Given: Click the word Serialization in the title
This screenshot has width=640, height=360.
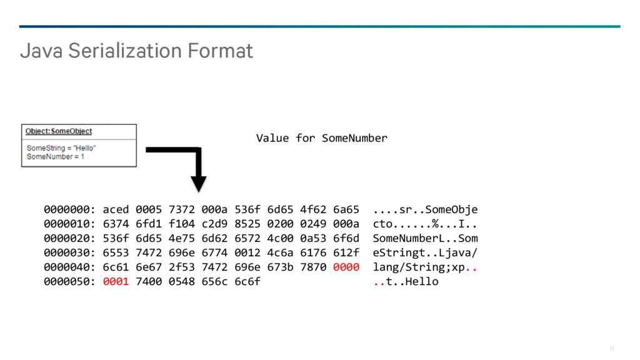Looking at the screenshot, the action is pos(125,51).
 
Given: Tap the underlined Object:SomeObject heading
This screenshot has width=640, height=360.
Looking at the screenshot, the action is pos(59,131).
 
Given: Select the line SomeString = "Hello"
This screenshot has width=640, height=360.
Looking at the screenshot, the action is pos(61,147).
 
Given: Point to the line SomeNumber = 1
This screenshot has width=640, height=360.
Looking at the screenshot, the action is pos(56,157).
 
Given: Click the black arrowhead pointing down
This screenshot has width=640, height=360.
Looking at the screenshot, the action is pos(198,184).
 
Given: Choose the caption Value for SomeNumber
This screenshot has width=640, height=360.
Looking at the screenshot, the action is pos(322,138).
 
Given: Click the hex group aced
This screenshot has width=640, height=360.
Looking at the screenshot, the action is pos(116,210).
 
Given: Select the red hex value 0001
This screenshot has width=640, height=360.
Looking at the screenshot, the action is pos(116,282).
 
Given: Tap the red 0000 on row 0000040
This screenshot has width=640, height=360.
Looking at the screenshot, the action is pos(346,267).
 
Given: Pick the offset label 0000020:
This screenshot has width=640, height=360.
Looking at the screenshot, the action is pos(69,238).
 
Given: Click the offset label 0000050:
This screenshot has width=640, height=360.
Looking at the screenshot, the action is pos(69,282).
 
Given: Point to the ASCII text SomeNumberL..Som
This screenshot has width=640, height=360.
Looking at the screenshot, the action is pos(425,238).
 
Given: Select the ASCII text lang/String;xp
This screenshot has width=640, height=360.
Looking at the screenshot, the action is pos(419,267).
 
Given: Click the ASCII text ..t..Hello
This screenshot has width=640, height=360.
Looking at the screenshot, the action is pos(406,282).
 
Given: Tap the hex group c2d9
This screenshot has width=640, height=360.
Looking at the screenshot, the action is pos(214,224).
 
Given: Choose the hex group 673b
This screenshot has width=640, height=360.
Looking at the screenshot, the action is pos(280,267).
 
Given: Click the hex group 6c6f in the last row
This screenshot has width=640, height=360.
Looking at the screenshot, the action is pos(247,282).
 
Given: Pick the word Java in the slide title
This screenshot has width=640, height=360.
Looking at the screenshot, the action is pos(41,51).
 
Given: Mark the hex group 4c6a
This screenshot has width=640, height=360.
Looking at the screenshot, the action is pos(280,253).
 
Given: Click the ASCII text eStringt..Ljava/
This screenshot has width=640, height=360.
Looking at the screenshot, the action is pos(425,253).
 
